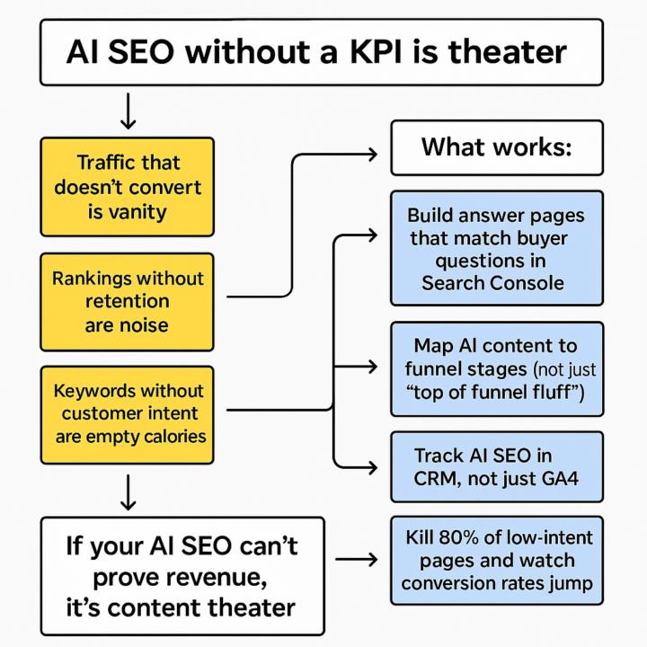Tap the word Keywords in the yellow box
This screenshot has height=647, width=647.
coord(94,391)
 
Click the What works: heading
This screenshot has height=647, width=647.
coord(496,146)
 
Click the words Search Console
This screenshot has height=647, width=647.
coord(492,282)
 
